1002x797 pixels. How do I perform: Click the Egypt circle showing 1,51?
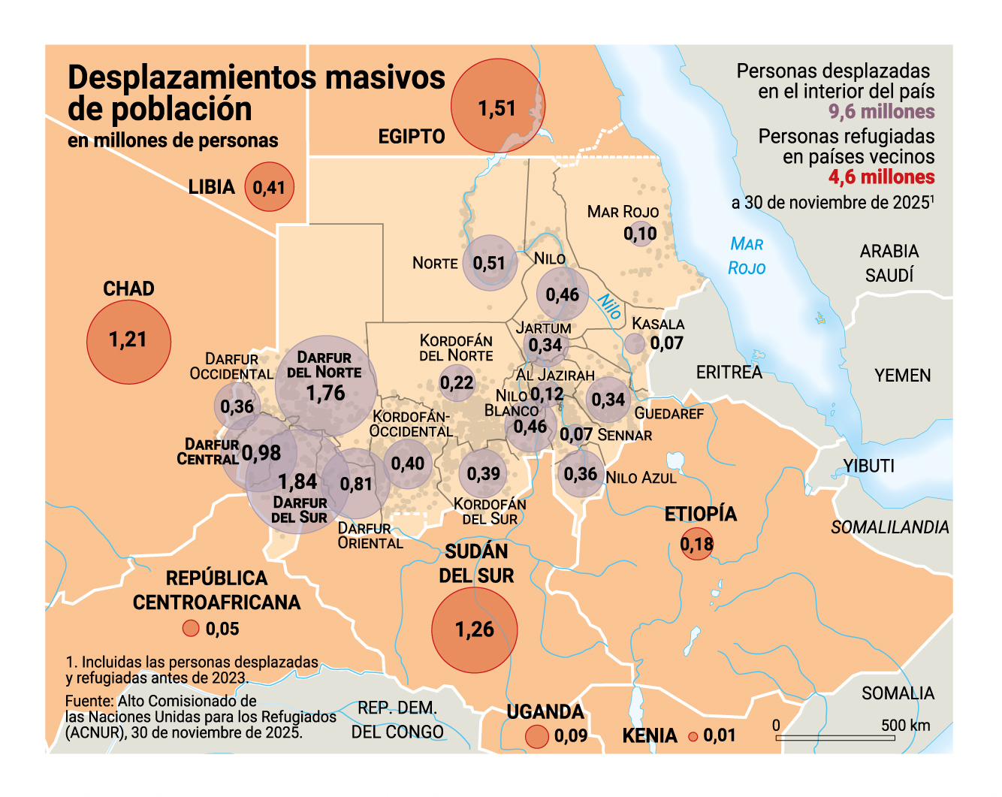point(497,107)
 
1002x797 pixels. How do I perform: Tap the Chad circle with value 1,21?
point(128,341)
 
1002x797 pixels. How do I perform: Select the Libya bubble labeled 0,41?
point(269,186)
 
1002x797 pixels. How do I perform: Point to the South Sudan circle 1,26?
point(475,629)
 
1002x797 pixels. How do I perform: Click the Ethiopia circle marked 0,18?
point(696,544)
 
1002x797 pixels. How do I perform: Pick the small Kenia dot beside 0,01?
point(693,737)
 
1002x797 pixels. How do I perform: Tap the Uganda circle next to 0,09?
point(537,736)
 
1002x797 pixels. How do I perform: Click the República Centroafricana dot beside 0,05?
point(191,628)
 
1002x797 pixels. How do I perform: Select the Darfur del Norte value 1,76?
point(326,393)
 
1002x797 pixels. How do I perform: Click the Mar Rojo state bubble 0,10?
point(641,234)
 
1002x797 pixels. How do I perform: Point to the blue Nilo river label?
point(609,306)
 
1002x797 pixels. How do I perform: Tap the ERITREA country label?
point(729,373)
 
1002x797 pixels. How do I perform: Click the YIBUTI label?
point(869,466)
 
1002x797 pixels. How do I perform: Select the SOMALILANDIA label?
point(889,527)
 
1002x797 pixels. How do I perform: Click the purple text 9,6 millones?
point(881,112)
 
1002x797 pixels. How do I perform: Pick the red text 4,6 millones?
point(881,177)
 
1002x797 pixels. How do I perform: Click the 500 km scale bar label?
point(905,726)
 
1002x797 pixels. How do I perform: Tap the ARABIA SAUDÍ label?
point(889,263)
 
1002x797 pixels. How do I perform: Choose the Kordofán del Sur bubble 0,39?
point(483,474)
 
